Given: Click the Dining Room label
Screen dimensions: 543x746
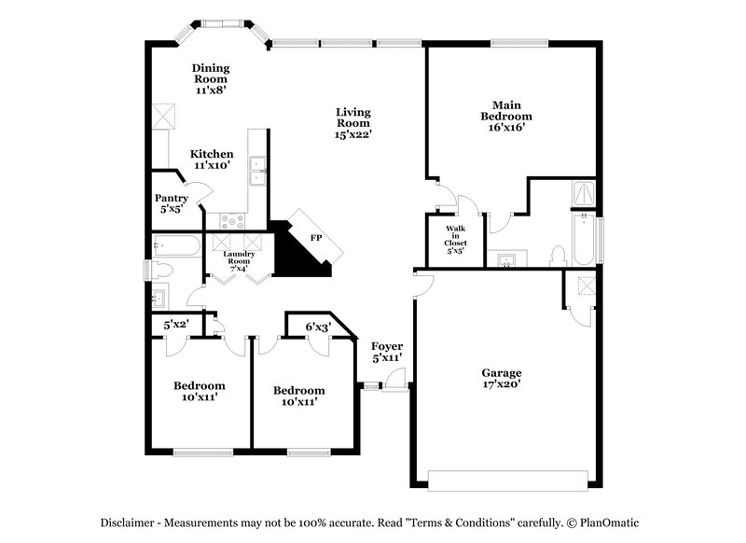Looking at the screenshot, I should click(x=211, y=79).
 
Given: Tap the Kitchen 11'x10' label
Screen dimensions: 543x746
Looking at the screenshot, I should click(x=212, y=159).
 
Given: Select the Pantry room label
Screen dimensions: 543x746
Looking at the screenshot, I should click(x=172, y=202).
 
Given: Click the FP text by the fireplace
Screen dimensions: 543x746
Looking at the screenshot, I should click(x=316, y=238).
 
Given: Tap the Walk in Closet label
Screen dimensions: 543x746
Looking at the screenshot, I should click(x=455, y=238).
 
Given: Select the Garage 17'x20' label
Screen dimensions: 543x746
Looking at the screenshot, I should click(x=501, y=377).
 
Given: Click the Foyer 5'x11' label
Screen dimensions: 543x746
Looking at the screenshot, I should click(x=386, y=352).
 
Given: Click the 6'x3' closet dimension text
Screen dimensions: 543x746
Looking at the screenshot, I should click(x=318, y=327).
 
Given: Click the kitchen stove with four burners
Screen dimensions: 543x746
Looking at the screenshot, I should click(x=231, y=221).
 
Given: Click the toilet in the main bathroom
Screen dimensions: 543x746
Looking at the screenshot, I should click(x=559, y=255).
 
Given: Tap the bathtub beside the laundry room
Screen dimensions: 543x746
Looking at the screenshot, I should click(x=177, y=246).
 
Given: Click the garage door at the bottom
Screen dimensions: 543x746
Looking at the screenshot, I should click(x=507, y=480).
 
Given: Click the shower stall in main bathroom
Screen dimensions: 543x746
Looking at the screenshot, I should click(x=583, y=193).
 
